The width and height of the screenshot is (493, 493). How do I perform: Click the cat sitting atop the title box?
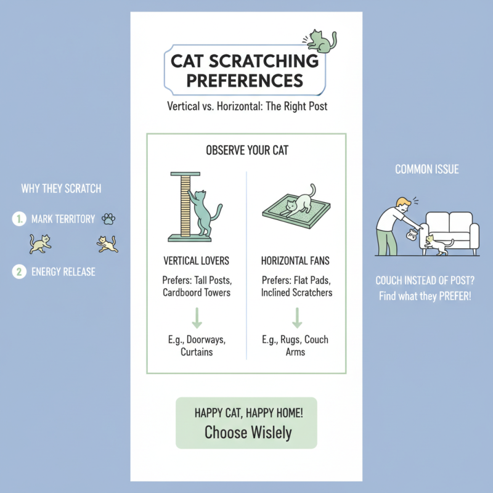tap(322, 41)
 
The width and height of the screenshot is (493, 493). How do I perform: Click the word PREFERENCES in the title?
tap(245, 81)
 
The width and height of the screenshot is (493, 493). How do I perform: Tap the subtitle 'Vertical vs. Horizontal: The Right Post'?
tap(247, 107)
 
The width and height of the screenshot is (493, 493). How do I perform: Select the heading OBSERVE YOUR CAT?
tap(246, 150)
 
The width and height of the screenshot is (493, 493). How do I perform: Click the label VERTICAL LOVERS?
tap(196, 262)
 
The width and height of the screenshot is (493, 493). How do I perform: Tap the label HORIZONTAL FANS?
tap(296, 262)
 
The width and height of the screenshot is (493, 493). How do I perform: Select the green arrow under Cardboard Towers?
tap(197, 317)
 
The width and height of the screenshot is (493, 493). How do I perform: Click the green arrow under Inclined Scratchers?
tap(296, 317)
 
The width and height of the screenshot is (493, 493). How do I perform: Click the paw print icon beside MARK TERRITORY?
tap(109, 219)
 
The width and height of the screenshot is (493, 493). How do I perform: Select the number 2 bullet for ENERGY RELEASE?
tap(20, 271)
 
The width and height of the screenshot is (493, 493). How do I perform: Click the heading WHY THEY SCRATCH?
tap(61, 189)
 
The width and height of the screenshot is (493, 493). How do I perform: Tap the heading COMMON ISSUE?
tap(426, 169)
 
